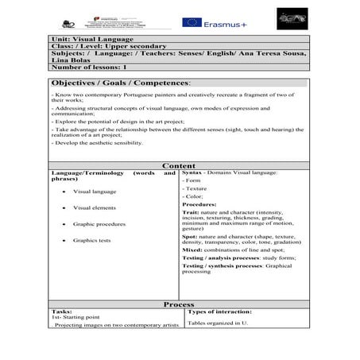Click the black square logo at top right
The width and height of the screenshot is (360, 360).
(x=290, y=18)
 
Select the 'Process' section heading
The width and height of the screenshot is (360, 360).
(x=179, y=304)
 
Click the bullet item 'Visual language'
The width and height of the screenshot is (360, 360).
(x=95, y=192)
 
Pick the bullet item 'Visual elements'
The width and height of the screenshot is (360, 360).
(x=95, y=207)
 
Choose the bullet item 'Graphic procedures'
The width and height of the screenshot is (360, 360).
(x=99, y=224)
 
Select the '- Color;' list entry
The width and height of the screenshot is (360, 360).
(x=193, y=196)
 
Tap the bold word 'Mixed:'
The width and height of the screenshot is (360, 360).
(x=193, y=250)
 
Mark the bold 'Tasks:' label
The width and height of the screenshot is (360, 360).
(x=61, y=312)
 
